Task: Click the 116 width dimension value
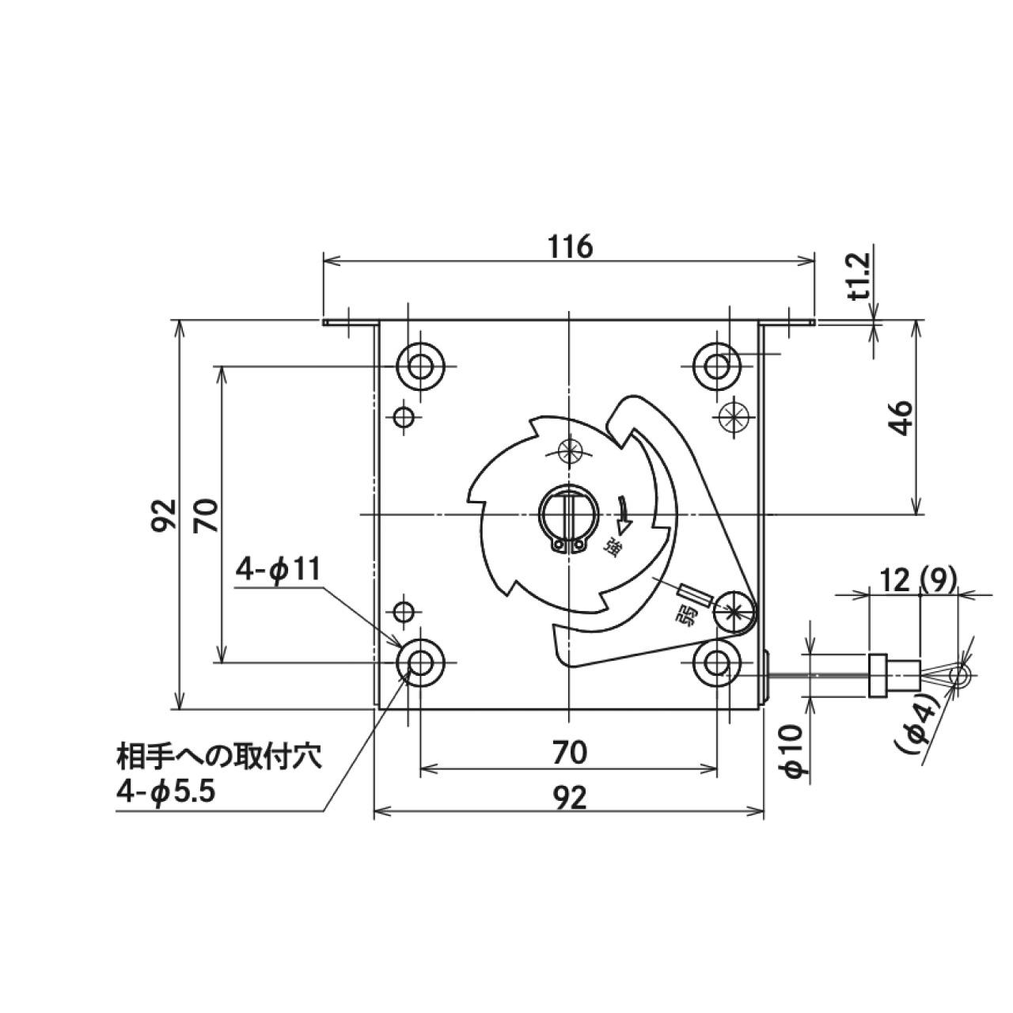pos(570,247)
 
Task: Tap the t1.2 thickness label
pos(860,283)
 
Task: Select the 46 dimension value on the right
pos(903,418)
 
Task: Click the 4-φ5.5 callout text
pos(166,790)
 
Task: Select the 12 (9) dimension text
pos(916,582)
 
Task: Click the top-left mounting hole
pos(420,366)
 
